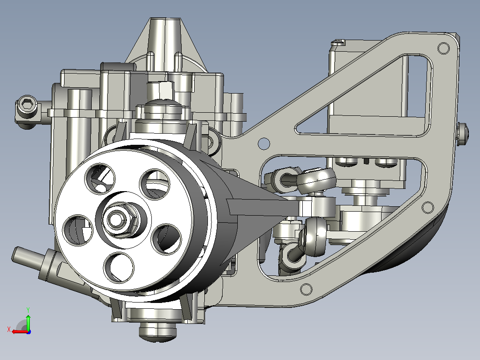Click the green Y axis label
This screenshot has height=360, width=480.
(28, 310)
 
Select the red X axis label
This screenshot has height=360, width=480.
(9, 330)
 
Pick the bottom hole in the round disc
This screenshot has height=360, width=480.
(119, 267)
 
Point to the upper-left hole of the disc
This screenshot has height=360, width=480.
(100, 178)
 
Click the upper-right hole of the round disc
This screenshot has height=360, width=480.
(155, 184)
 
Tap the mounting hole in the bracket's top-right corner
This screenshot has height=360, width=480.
(443, 48)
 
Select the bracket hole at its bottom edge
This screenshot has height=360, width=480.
(306, 289)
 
